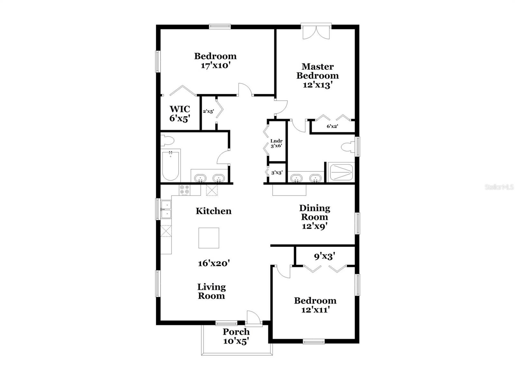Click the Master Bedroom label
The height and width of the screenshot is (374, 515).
coord(317,71)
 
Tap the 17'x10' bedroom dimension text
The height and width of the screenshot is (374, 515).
coord(215,66)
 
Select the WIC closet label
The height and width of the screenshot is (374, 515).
coord(180,109)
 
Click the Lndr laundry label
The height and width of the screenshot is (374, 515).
coord(276,141)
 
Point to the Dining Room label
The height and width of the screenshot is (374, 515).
coord(314,213)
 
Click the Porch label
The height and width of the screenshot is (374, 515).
coord(236,332)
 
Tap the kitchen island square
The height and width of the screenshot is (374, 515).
coord(209,238)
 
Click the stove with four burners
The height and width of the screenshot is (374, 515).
coord(185,190)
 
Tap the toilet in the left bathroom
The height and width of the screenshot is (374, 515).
coord(168,140)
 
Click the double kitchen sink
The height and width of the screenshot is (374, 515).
coord(166,209)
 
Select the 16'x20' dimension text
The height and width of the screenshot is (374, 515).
coord(213,263)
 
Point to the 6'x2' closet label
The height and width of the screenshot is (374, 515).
coord(332,126)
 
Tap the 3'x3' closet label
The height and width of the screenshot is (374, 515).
coord(277,173)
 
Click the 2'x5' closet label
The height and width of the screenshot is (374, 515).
coord(208,112)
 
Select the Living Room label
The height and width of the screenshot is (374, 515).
coord(211,291)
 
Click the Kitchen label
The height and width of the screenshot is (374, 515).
coord(213,211)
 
